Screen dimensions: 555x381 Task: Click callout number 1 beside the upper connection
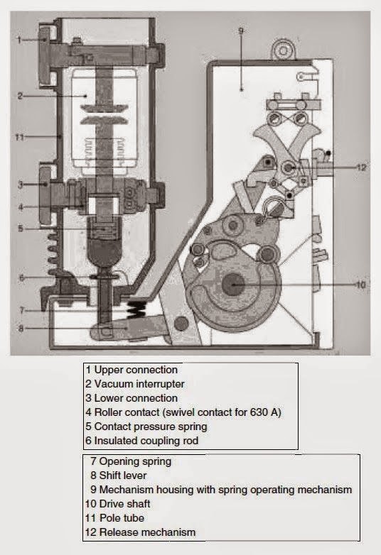click(20, 40)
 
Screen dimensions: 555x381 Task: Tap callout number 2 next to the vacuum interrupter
click(21, 95)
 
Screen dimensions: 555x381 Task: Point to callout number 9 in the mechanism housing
click(241, 31)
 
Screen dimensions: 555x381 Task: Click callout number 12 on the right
click(362, 167)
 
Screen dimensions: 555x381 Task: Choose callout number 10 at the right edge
click(361, 285)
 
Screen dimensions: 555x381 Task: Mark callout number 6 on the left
click(21, 277)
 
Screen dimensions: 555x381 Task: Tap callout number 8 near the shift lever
click(21, 329)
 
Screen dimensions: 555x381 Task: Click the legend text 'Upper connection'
click(135, 370)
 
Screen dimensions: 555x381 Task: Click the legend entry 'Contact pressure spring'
click(149, 427)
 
